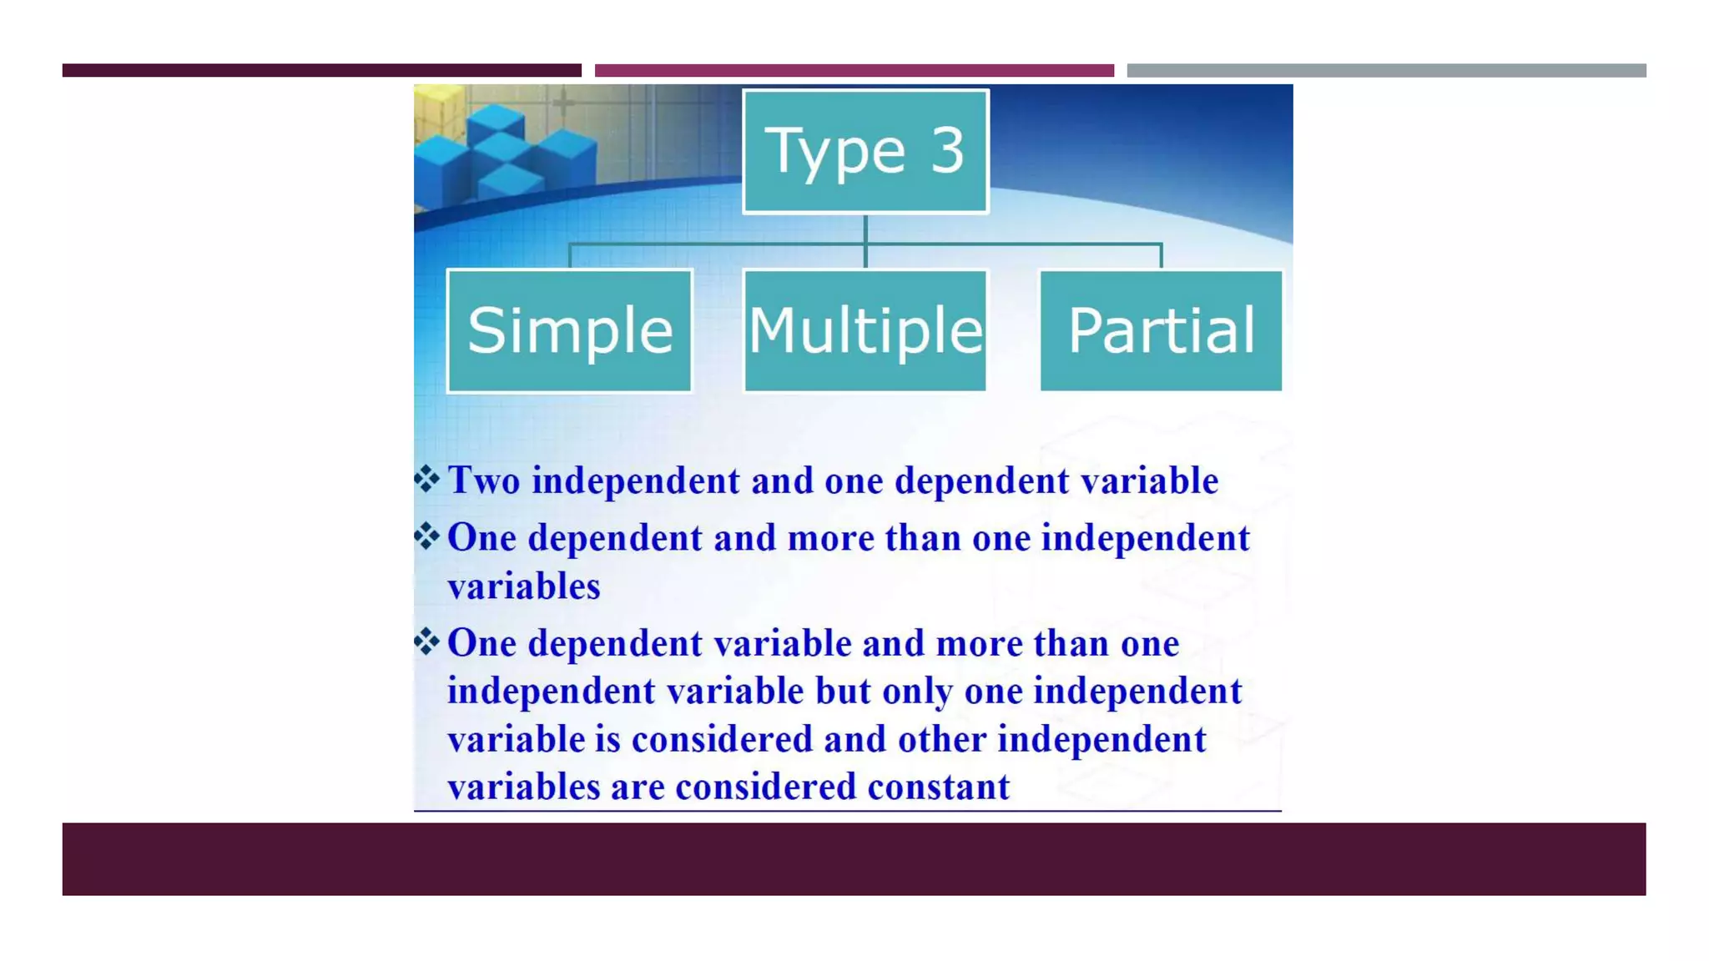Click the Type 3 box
coord(865,151)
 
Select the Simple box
coord(570,330)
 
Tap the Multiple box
coord(865,330)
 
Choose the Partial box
coord(1161,330)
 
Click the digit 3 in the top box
coord(947,151)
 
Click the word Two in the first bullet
coord(484,481)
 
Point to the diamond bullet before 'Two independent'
coord(426,479)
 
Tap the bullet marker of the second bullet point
coord(426,536)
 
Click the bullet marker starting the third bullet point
coord(426,642)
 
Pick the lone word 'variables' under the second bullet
coord(524,586)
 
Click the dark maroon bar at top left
coord(321,70)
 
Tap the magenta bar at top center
coord(854,70)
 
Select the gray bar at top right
coord(1386,70)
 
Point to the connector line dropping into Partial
coord(1161,256)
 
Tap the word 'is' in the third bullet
coord(607,740)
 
